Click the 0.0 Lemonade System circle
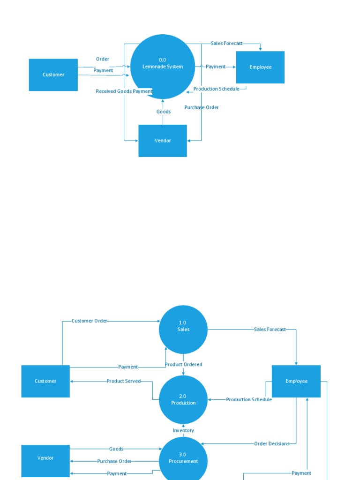pos(163,66)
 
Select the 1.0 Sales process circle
pos(183,330)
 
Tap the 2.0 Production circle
pos(183,400)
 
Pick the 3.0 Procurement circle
pos(183,458)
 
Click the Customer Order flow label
pos(89,321)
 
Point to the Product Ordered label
pos(183,364)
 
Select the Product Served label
pos(123,381)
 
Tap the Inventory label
pos(183,430)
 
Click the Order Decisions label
pos(271,443)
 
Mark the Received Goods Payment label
pos(124,91)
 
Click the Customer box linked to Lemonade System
pos(53,75)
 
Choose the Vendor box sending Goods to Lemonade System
pos(163,141)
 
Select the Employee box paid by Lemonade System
pos(260,67)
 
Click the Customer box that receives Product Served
pos(45,381)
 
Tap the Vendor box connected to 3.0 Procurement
pos(45,458)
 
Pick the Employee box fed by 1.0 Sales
pos(296,381)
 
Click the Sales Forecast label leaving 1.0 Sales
pos(270,330)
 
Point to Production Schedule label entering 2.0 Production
pos(249,400)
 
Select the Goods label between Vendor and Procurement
pos(116,449)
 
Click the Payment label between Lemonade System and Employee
pos(216,67)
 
